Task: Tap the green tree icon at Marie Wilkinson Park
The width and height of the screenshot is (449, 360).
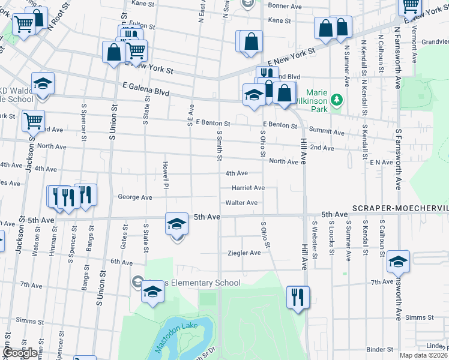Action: point(337,98)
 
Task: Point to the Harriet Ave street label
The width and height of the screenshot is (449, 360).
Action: point(249,188)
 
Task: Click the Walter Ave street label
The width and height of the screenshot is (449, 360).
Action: point(242,203)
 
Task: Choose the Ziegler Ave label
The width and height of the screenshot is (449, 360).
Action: point(244,253)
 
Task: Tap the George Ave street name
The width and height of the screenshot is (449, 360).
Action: point(135,197)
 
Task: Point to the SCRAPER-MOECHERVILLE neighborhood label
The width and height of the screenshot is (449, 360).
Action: point(400,208)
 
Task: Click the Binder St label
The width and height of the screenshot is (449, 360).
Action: point(379,349)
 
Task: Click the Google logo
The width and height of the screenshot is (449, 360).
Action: point(20,353)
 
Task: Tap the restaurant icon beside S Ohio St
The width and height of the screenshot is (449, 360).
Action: point(298,296)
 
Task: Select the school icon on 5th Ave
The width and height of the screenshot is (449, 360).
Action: point(176,225)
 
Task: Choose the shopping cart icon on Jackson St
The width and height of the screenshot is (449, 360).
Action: point(33,121)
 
